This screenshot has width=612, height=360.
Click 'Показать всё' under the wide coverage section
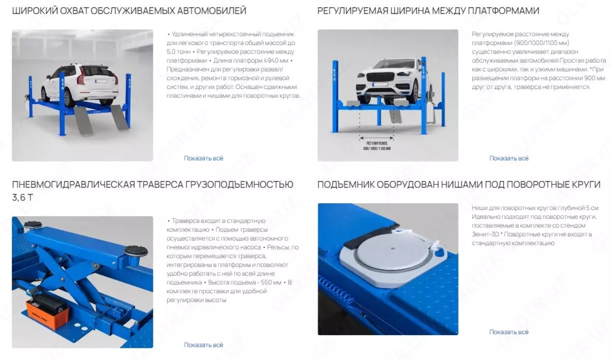[203, 158]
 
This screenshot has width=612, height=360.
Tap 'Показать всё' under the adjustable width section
[509, 158]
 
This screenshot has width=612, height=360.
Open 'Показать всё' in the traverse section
[203, 345]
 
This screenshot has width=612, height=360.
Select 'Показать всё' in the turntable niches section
[509, 332]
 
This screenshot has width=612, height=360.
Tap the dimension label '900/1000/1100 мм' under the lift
[377, 148]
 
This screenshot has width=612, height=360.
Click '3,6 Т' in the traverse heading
[22, 197]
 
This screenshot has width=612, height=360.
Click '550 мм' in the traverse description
[271, 282]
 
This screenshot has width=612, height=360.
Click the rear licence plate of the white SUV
[101, 81]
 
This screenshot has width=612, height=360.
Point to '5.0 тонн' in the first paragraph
[178, 52]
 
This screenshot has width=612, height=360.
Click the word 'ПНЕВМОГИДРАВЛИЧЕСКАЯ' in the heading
[73, 185]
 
